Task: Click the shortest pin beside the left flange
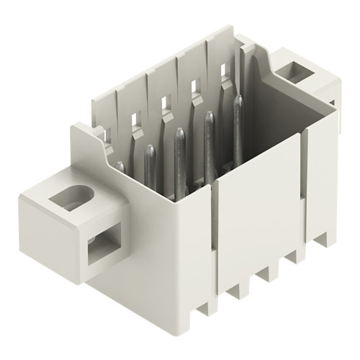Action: click(120, 168)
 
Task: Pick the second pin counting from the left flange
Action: click(150, 162)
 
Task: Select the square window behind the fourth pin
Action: click(194, 86)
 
